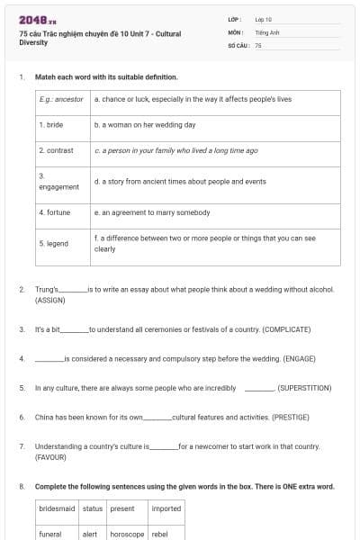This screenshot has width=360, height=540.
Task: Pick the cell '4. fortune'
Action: (55, 212)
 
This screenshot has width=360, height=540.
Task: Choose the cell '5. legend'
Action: (54, 243)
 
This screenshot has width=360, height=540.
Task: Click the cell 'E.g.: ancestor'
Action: (61, 98)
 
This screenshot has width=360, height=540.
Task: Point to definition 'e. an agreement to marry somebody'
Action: (151, 212)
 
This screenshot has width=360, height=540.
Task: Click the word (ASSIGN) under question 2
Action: (49, 300)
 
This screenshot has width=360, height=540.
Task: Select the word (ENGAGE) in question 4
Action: (308, 358)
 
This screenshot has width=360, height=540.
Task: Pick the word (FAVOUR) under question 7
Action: (50, 457)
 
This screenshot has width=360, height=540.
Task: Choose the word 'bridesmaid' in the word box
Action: (57, 508)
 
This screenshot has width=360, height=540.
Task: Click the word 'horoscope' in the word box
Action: (127, 534)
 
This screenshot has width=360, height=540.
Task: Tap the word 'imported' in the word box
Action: (166, 508)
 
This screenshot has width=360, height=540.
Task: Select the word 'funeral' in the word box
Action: (50, 534)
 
